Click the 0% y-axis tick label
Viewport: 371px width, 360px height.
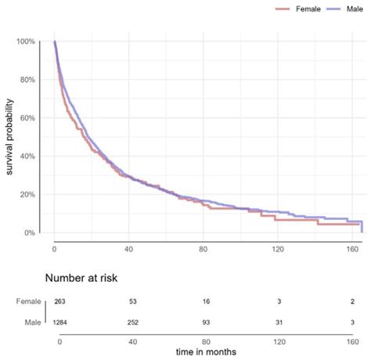pyautogui.click(x=31, y=233)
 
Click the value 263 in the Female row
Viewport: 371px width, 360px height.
pyautogui.click(x=60, y=301)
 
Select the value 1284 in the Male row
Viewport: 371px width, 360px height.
pyautogui.click(x=60, y=322)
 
